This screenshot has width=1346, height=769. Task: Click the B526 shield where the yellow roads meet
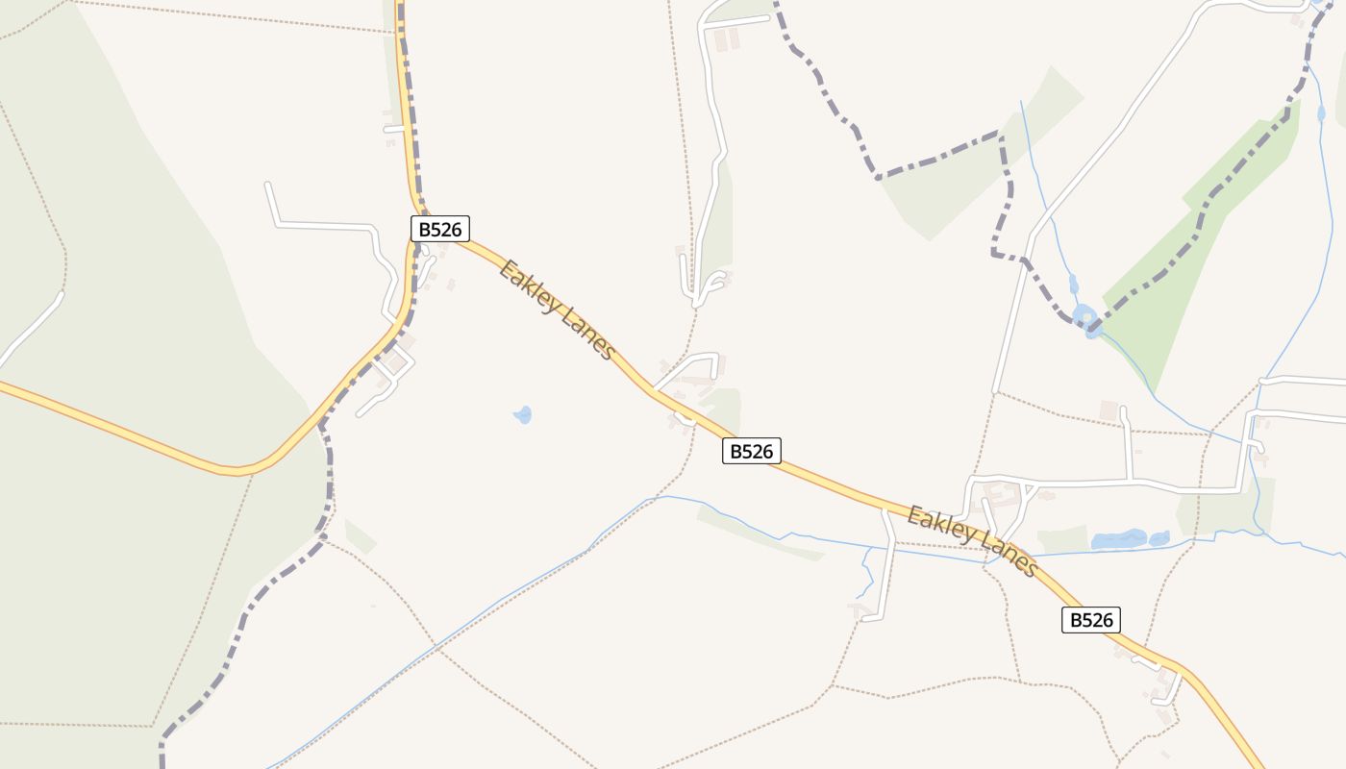coord(440,229)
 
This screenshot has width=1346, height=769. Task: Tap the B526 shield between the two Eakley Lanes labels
coord(752,451)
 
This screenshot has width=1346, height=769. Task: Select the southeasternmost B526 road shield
coord(1091,620)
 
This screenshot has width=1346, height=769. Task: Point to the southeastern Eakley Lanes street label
coord(972,542)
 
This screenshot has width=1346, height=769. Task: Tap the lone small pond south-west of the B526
coord(522,415)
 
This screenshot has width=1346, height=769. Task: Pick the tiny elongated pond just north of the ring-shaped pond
coord(1073,285)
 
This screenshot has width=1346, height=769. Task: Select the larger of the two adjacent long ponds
coord(1118,540)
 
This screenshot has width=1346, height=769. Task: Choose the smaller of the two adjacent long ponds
coord(1159,538)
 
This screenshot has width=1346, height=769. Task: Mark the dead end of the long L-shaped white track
coord(267,184)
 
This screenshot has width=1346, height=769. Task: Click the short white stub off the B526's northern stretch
coord(393,128)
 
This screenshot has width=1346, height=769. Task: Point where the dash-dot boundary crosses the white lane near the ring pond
coord(1027,260)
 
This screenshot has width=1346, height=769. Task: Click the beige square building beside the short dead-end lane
coord(1109,410)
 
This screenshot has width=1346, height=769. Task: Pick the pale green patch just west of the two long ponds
coord(1062,540)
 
